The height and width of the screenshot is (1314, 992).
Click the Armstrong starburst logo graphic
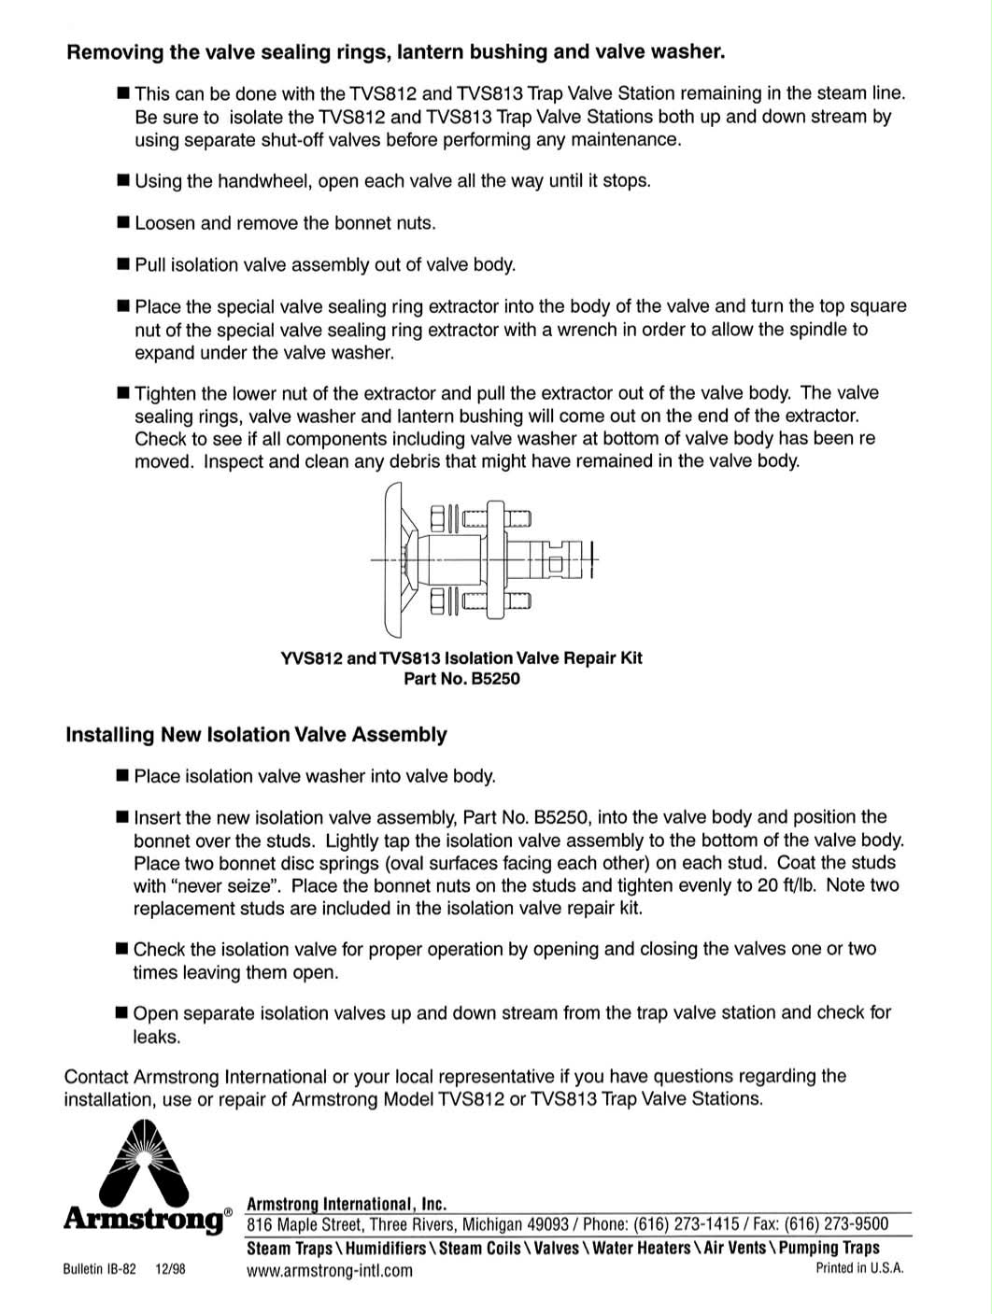pyautogui.click(x=143, y=1163)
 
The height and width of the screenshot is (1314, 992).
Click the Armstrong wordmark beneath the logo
pyautogui.click(x=145, y=1219)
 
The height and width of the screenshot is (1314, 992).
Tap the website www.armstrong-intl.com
pyautogui.click(x=329, y=1270)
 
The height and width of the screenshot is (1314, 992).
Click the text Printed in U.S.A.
pyautogui.click(x=859, y=1268)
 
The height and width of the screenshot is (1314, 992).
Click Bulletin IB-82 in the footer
pyautogui.click(x=100, y=1270)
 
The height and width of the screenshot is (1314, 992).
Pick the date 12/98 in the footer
pyautogui.click(x=171, y=1270)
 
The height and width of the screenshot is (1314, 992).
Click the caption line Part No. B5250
pyautogui.click(x=461, y=679)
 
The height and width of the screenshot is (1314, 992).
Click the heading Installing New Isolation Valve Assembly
pyautogui.click(x=256, y=735)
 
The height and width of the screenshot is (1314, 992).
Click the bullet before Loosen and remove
pyautogui.click(x=122, y=222)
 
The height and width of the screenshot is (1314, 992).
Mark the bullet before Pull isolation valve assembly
pyautogui.click(x=122, y=264)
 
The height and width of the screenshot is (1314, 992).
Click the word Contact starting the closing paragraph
pyautogui.click(x=96, y=1076)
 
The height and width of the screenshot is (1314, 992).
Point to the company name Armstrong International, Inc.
pyautogui.click(x=347, y=1204)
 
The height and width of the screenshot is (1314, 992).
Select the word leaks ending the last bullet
pyautogui.click(x=155, y=1037)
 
